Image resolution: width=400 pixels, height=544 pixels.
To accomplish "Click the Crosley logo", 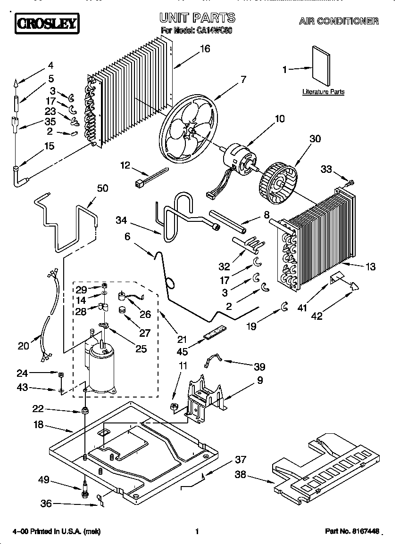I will (47, 23).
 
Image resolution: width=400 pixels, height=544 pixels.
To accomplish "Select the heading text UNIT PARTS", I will (197, 18).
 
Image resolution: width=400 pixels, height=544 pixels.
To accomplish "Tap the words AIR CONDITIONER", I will (338, 21).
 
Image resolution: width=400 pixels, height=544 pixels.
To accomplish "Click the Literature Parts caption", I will (323, 92).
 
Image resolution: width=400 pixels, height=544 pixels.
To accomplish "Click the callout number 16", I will (204, 49).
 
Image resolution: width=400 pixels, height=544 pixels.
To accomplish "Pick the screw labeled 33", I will (351, 181).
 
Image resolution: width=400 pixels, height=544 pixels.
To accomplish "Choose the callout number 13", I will (370, 267).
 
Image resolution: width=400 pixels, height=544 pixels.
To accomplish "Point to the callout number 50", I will (102, 188).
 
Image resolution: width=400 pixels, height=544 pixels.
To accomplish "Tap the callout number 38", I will (241, 476).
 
